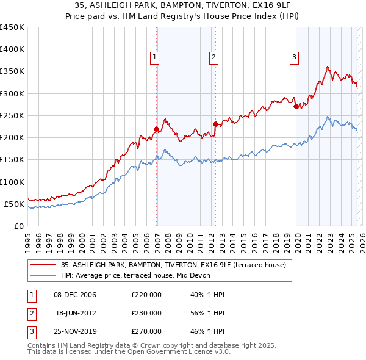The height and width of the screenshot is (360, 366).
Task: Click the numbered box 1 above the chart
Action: click(x=156, y=58)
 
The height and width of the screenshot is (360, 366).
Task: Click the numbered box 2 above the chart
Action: click(x=214, y=58)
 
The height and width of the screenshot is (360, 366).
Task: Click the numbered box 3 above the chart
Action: click(x=294, y=58)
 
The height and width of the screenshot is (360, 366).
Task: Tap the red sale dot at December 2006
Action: click(x=157, y=129)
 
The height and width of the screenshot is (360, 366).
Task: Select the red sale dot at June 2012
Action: click(x=215, y=124)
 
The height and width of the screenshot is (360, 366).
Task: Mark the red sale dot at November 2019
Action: click(x=296, y=106)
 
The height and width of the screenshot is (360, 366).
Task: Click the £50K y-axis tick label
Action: click(x=15, y=204)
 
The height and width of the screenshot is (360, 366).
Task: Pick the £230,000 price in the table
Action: click(x=146, y=313)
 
